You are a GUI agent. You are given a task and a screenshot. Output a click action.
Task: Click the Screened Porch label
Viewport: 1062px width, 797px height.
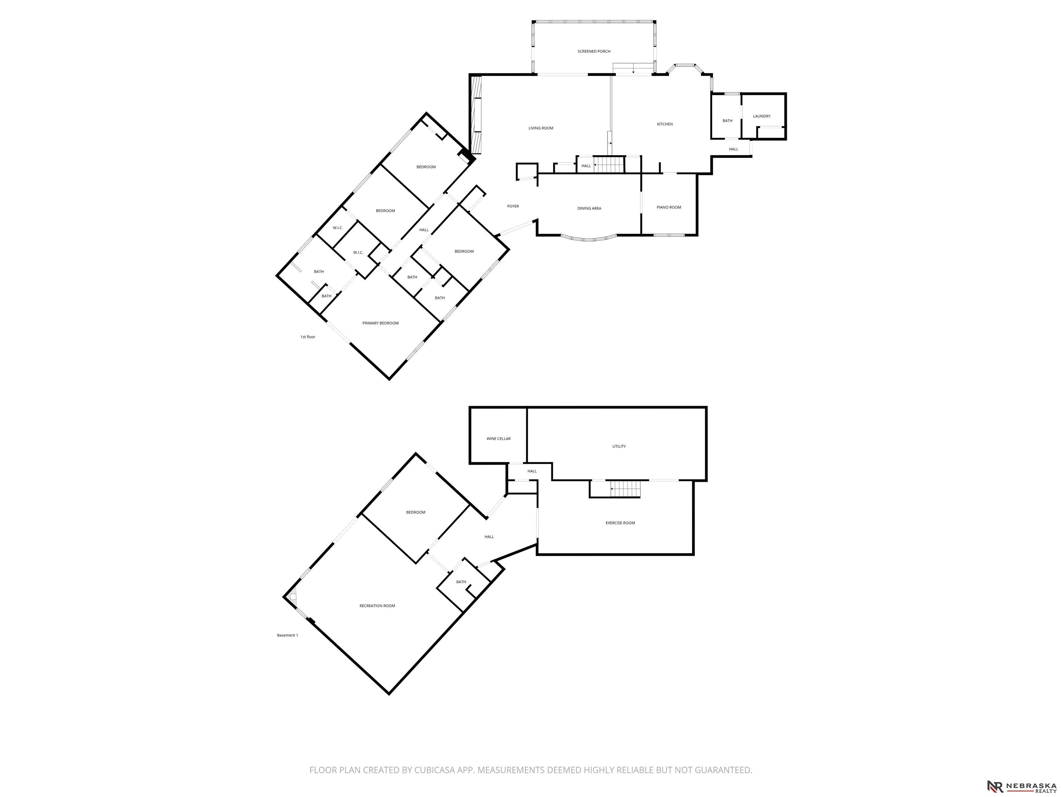(594, 52)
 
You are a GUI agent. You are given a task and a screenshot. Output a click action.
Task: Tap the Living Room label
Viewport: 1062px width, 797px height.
(541, 128)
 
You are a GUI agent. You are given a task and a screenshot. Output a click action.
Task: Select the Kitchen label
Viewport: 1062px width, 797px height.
(665, 125)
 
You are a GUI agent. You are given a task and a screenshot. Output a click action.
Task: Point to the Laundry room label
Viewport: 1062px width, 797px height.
(762, 116)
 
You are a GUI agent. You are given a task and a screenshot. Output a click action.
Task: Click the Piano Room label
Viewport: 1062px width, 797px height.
(669, 208)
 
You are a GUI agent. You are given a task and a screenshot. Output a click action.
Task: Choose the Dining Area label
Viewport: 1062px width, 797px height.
(589, 209)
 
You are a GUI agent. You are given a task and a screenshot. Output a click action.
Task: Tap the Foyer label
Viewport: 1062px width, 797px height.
(513, 207)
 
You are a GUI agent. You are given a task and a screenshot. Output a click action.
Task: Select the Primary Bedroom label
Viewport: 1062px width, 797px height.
(380, 323)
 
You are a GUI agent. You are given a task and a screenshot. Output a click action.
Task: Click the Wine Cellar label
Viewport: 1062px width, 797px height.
(499, 439)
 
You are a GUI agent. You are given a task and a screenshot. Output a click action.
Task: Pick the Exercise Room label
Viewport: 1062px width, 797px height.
(620, 523)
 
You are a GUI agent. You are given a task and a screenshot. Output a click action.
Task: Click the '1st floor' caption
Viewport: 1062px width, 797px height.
(308, 337)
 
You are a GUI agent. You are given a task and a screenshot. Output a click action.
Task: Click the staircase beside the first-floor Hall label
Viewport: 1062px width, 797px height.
(609, 164)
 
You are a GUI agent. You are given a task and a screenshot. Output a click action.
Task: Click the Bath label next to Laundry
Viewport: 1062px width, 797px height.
(727, 121)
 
